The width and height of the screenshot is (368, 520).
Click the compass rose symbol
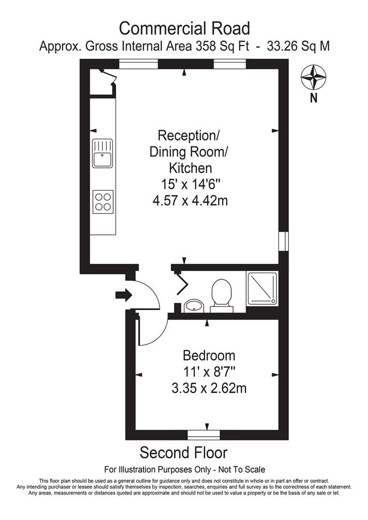coord(313,78)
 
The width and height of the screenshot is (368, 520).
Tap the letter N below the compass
coord(314,99)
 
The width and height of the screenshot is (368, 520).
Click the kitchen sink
coord(102,153)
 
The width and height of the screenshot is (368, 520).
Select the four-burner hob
coord(103,201)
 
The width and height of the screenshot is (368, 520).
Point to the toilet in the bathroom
coord(222,293)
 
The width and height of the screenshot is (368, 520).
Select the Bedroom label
coord(209,356)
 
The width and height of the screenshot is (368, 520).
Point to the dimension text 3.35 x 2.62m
coord(209,388)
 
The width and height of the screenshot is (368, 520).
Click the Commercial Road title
coord(184,28)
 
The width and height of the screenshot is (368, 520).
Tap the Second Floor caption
coord(184,453)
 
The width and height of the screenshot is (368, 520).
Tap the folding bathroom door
coord(182,284)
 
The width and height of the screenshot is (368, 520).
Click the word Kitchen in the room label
coord(190,168)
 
